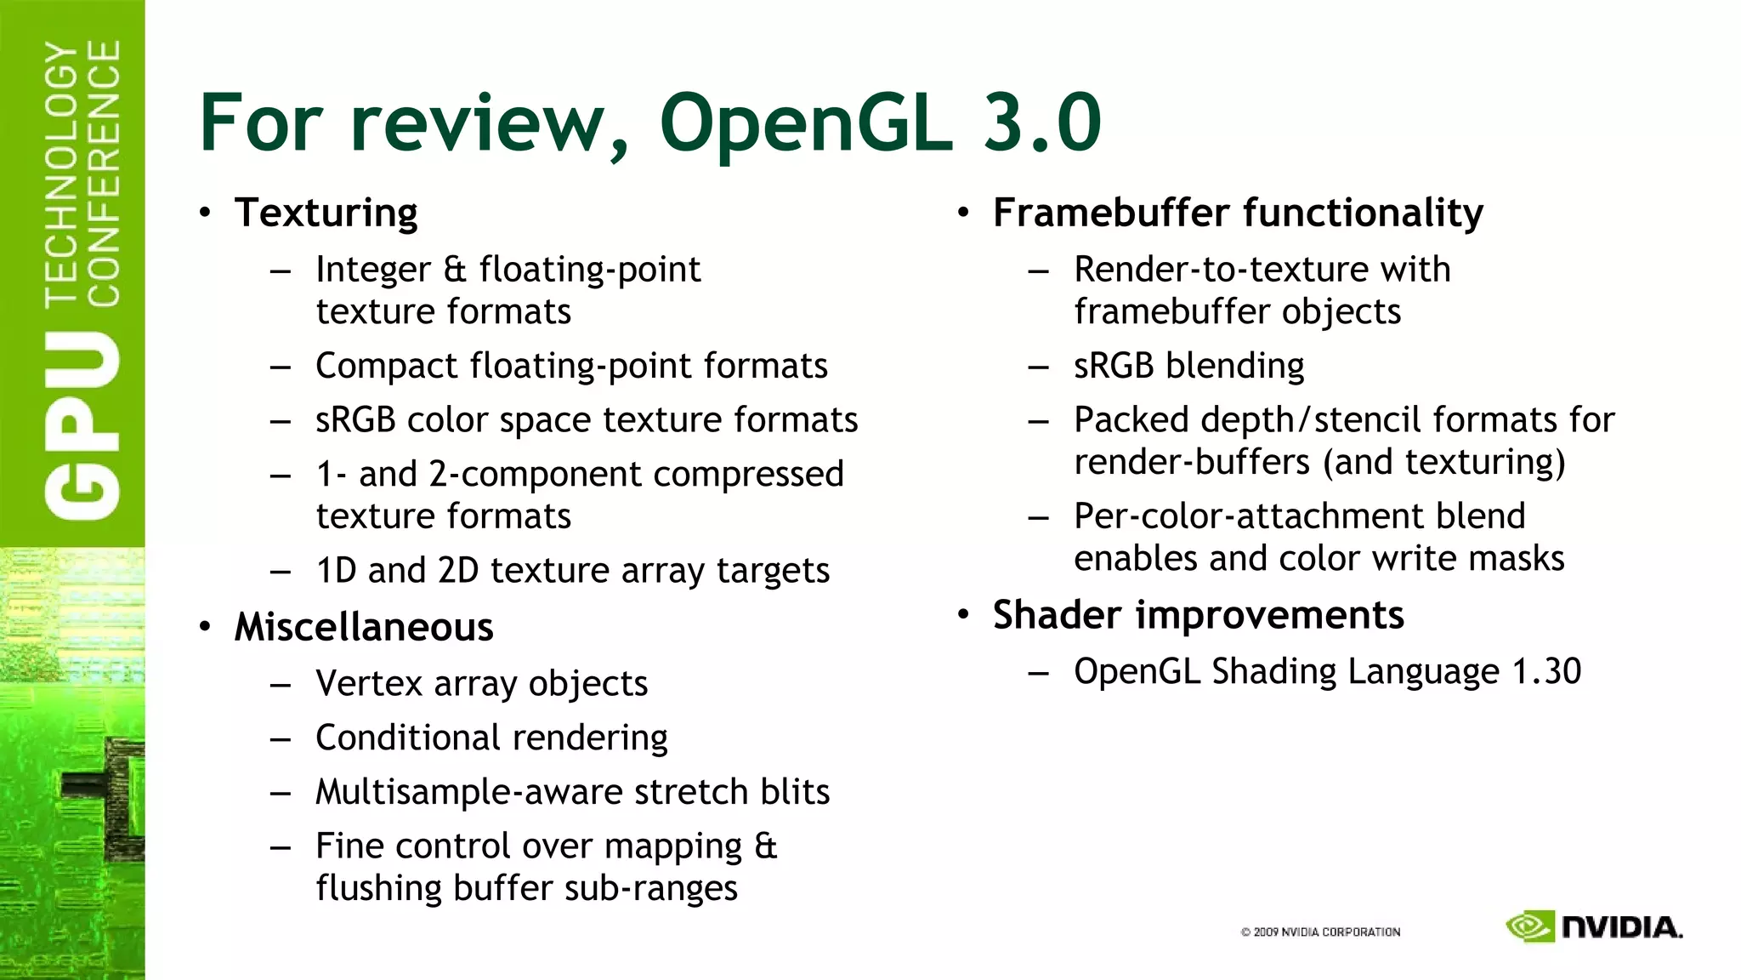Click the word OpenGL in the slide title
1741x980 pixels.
coord(804,124)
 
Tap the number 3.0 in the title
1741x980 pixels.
coord(1041,124)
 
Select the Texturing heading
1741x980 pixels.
coord(326,213)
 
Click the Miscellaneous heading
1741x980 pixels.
coord(363,628)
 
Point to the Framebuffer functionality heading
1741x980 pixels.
coord(1238,213)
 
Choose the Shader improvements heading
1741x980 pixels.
coord(1198,615)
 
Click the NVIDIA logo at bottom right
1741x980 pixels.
coord(1594,927)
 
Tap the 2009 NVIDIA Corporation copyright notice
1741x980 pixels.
coord(1320,932)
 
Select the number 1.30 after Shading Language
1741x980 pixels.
coord(1546,672)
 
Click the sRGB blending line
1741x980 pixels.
coord(1188,366)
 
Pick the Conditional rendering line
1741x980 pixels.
coord(491,738)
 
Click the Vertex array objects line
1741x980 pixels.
coord(481,684)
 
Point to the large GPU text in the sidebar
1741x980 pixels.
coord(82,425)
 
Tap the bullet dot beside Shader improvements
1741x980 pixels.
coord(963,614)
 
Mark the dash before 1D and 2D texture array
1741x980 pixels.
coord(281,572)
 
